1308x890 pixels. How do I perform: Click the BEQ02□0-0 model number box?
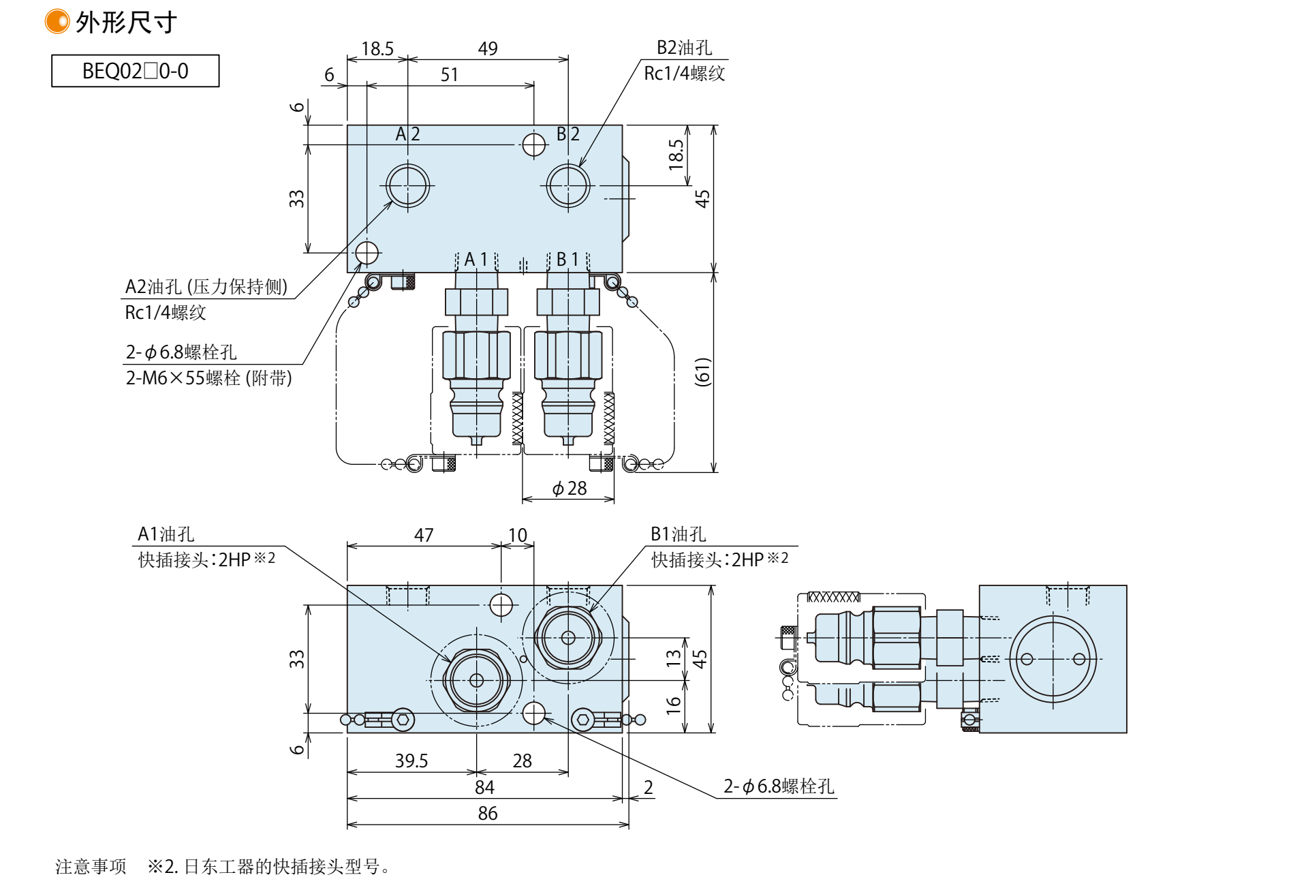(x=135, y=71)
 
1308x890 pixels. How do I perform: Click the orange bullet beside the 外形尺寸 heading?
(x=57, y=22)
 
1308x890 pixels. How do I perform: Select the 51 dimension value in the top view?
(x=449, y=74)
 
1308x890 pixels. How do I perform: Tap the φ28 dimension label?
(x=569, y=489)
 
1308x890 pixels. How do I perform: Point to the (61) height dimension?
(x=702, y=372)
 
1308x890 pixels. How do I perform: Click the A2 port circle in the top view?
(x=407, y=185)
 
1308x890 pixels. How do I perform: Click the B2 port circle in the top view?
(x=568, y=185)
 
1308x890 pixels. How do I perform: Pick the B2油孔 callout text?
(x=684, y=48)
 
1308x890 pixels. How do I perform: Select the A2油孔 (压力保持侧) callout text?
(x=206, y=287)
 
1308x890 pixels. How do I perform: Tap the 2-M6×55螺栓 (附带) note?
(x=208, y=378)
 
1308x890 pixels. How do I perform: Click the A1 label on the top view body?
(x=476, y=260)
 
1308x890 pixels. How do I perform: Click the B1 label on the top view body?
(x=567, y=260)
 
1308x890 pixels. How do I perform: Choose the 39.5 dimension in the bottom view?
(x=411, y=761)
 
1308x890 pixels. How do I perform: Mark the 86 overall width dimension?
(x=488, y=813)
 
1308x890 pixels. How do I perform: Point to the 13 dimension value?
(x=674, y=658)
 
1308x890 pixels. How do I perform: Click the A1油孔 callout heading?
(x=166, y=534)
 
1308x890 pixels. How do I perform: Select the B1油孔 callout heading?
(x=678, y=534)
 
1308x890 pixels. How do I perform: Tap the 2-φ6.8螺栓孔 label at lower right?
(x=779, y=786)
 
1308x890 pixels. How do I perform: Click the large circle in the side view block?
(x=1053, y=659)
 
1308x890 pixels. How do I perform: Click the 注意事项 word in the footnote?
(x=91, y=867)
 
